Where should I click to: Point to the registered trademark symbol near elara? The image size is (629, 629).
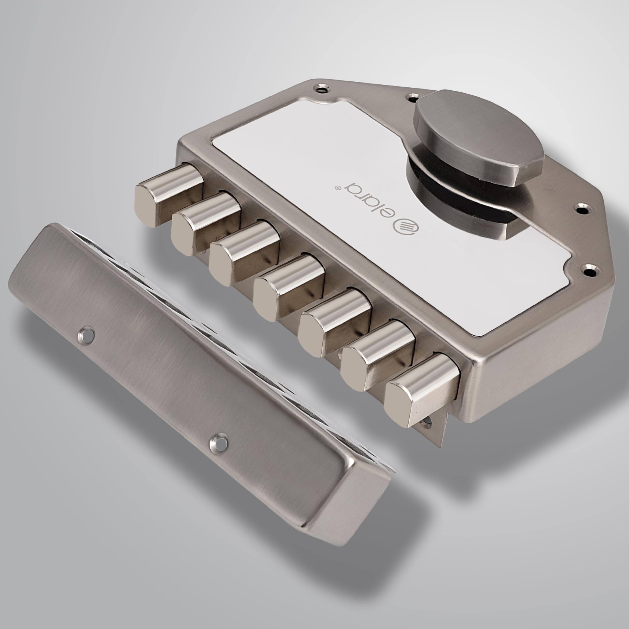pyautogui.click(x=338, y=188)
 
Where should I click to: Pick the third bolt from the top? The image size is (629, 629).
pyautogui.click(x=244, y=253)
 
